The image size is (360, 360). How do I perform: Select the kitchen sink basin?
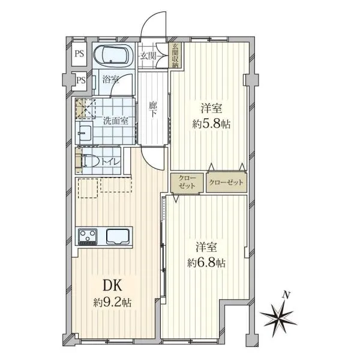tap(118, 237)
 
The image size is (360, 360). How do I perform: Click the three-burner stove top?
tap(87, 237)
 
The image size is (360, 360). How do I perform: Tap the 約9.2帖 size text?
tap(112, 302)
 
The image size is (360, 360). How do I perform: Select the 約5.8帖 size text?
tap(211, 124)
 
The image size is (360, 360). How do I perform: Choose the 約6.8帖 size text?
tap(206, 263)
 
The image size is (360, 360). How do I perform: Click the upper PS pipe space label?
tap(79, 54)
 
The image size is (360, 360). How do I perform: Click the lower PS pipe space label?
tap(81, 80)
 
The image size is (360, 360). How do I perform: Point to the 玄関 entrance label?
tap(148, 56)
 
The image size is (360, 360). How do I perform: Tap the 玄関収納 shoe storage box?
tap(175, 55)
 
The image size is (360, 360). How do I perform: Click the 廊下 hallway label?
tap(152, 110)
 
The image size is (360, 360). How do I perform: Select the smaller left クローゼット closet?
tap(187, 182)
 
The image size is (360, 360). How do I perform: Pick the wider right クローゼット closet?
tap(226, 182)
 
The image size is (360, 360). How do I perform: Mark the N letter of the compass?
tap(286, 295)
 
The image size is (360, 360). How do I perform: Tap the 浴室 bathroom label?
tap(110, 80)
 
